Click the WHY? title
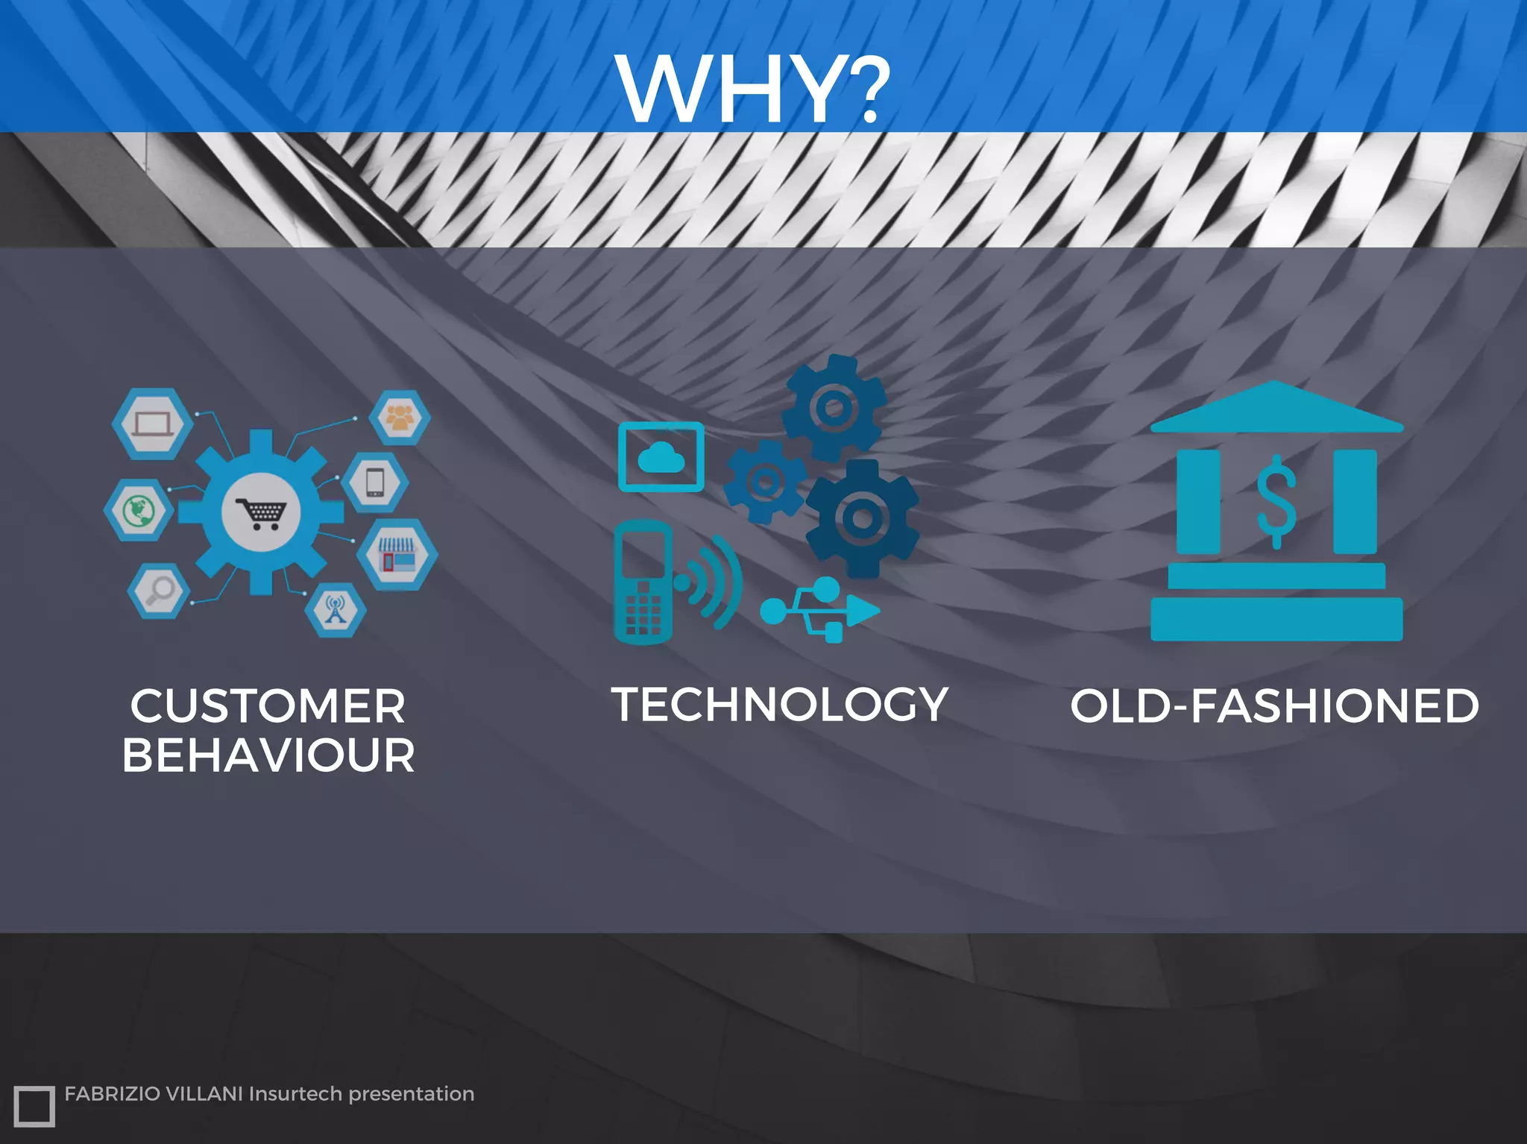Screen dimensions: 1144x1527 tap(753, 89)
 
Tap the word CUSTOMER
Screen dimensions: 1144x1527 tap(268, 705)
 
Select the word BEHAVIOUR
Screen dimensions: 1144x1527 tap(268, 755)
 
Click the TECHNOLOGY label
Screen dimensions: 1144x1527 tap(779, 704)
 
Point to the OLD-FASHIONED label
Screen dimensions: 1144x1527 tap(1274, 705)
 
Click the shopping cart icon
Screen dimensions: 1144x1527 tap(261, 512)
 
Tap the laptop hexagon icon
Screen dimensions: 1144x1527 tap(152, 424)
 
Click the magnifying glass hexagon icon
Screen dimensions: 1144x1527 tap(159, 591)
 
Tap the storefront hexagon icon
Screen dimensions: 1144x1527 tap(397, 555)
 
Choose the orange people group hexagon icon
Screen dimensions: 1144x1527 tap(400, 417)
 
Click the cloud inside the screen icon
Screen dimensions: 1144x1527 tap(661, 457)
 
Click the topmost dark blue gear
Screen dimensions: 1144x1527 tap(834, 407)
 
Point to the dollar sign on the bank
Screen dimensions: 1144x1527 tap(1276, 500)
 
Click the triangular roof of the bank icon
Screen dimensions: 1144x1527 tap(1276, 409)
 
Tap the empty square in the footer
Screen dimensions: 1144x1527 tap(34, 1106)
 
